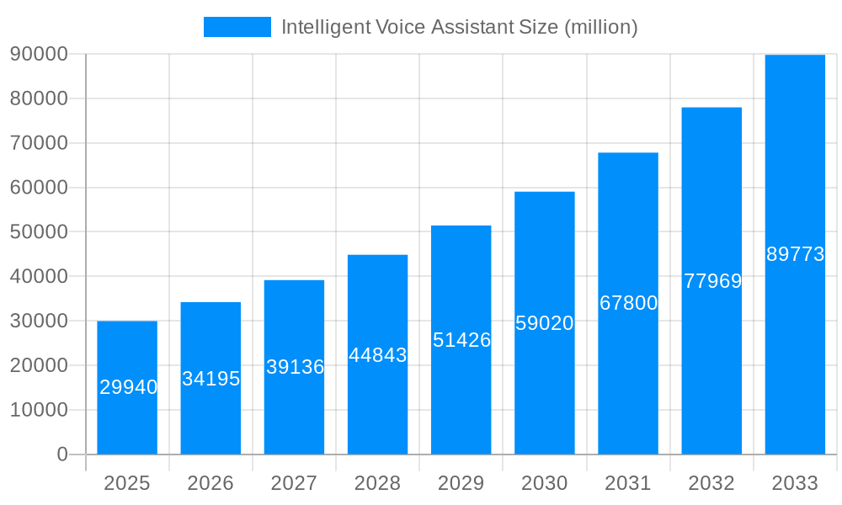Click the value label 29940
128,387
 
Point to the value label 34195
211,379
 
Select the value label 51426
461,340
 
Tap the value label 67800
628,303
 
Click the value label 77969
712,281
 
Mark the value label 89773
795,254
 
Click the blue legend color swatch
237,27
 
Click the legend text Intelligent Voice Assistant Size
459,27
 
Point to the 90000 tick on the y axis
38,54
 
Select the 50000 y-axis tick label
38,231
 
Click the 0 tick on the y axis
61,454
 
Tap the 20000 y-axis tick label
38,365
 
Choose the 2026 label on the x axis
210,483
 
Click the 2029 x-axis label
461,483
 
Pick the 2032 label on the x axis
711,483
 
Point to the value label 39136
295,367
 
